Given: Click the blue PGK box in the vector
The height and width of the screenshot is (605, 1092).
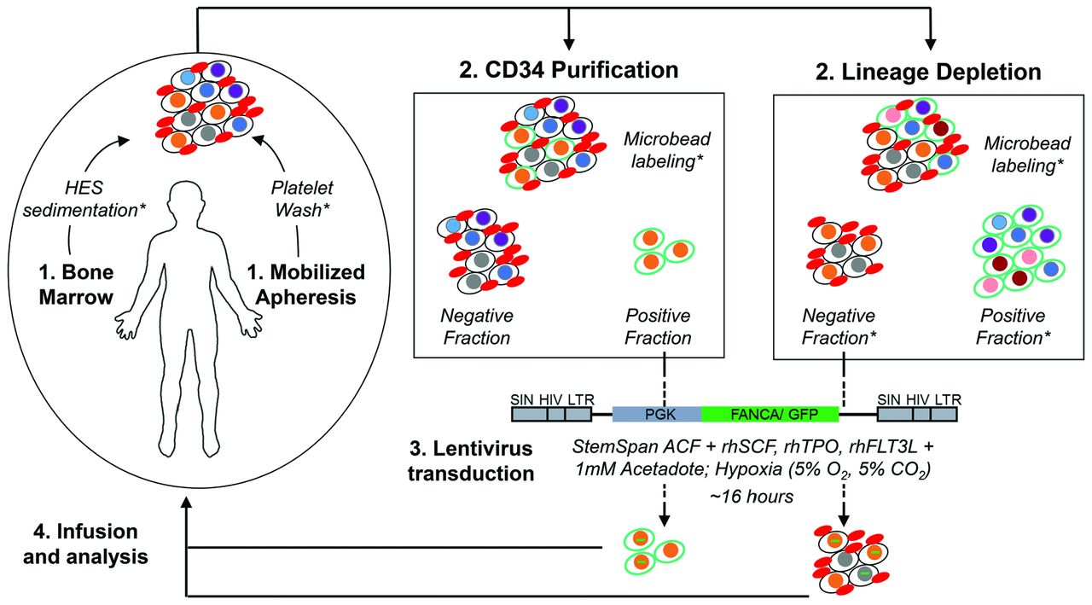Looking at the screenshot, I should pos(656,415).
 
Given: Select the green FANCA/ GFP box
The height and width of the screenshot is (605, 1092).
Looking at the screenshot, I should pos(770,415).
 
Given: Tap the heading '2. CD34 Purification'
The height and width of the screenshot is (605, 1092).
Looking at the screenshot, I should pos(569,69).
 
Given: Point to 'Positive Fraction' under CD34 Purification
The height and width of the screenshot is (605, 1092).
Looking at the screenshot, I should pos(657,326).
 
